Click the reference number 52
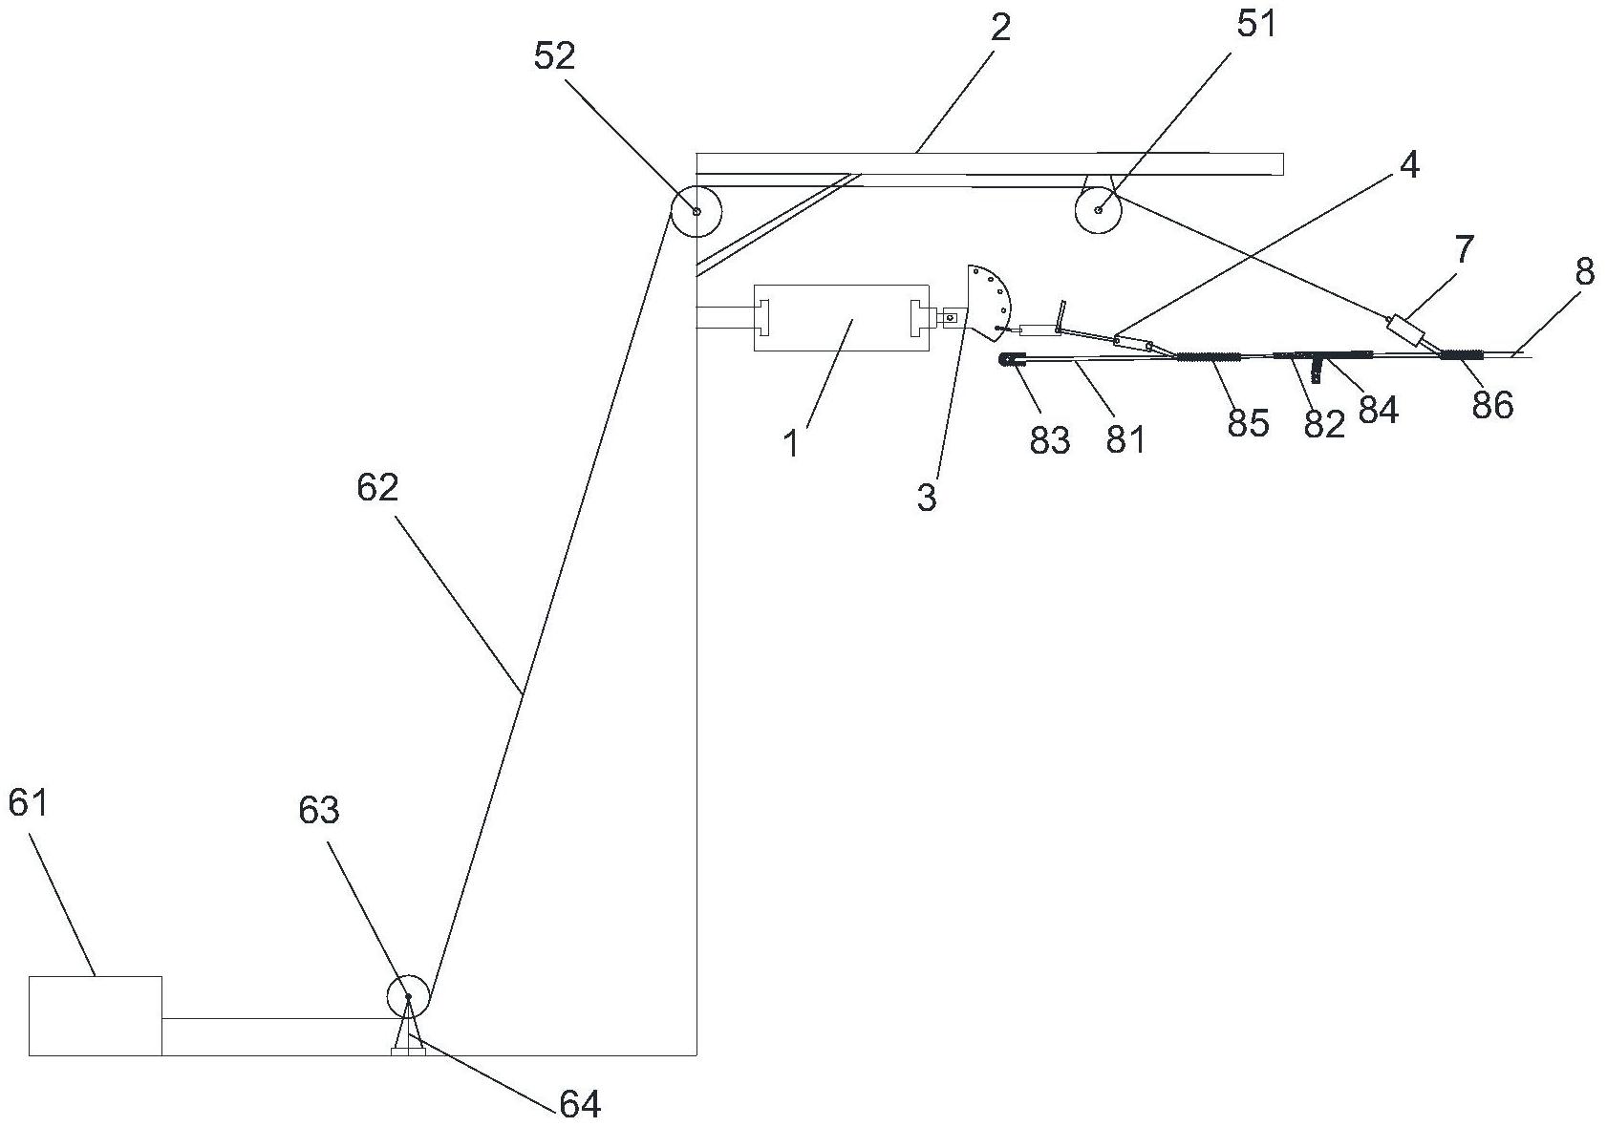click(554, 56)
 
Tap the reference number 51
click(1256, 25)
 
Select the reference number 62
click(377, 489)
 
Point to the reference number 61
click(28, 802)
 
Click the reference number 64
click(580, 1105)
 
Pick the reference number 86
click(1493, 405)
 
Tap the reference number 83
click(1050, 439)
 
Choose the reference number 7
click(1464, 249)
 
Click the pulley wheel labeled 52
click(696, 211)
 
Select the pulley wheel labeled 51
click(1099, 209)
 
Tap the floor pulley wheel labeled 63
click(408, 996)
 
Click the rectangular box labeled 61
click(96, 1016)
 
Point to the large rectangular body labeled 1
click(842, 317)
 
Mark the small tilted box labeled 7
click(1408, 331)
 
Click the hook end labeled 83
click(1013, 361)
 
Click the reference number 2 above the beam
click(1000, 28)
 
